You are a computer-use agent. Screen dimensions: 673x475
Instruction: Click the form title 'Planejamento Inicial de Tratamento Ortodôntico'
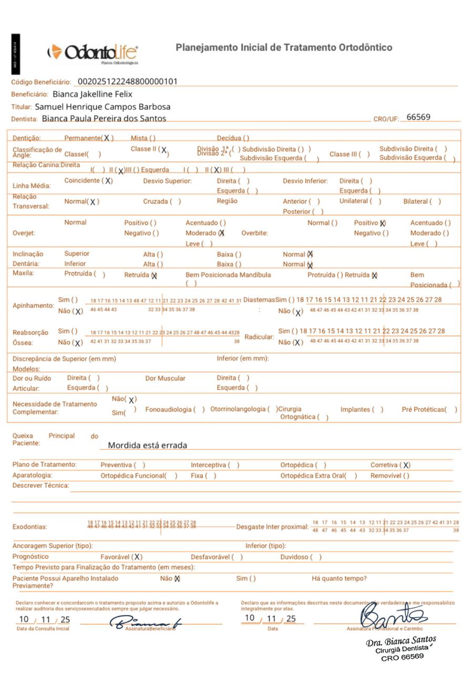284,48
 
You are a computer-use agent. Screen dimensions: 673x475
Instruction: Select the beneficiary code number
128,81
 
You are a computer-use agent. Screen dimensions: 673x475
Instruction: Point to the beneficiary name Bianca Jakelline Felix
92,94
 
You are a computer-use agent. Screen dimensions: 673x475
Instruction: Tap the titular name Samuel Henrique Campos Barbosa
102,107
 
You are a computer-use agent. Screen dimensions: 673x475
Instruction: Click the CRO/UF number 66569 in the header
418,117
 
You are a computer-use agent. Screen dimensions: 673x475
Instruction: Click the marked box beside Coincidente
108,181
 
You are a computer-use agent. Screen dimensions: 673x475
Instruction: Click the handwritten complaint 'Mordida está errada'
147,445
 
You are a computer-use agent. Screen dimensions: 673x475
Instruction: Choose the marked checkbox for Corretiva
406,465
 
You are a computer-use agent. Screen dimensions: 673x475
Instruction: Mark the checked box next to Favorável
137,557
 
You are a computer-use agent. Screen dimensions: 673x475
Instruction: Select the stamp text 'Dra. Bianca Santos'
401,642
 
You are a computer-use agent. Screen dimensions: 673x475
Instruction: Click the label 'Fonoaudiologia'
168,410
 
